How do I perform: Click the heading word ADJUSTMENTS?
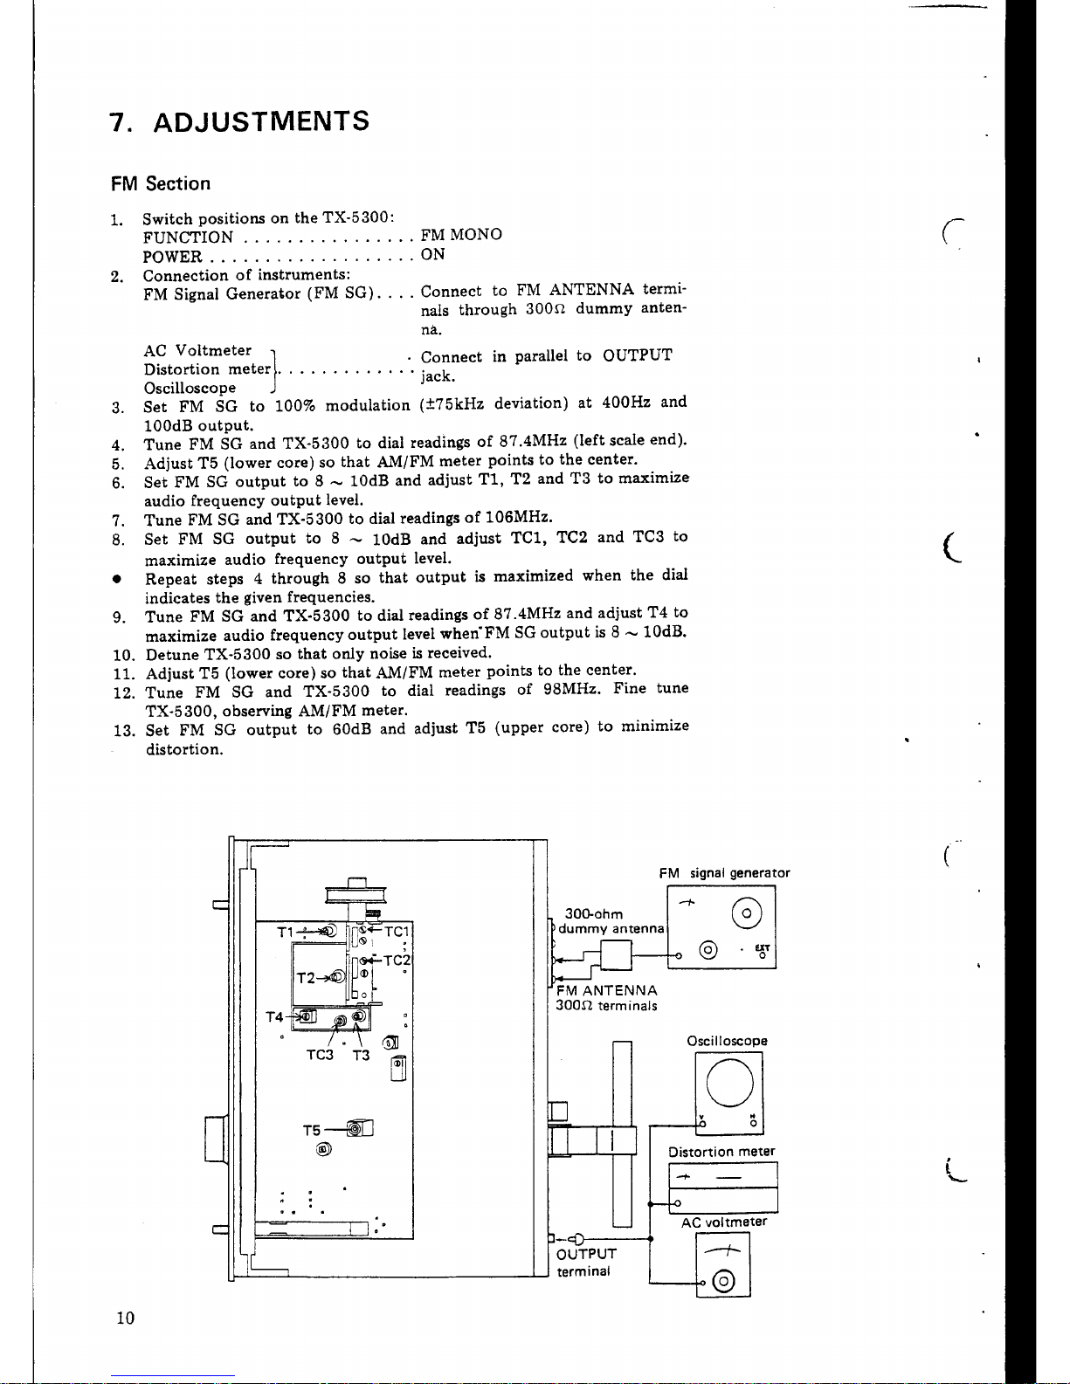click(261, 121)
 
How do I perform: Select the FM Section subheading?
click(161, 184)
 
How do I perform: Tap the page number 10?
click(126, 1318)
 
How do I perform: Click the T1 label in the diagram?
click(286, 933)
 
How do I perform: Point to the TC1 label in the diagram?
click(397, 932)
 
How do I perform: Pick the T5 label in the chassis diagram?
click(312, 1131)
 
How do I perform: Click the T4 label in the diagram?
click(274, 1017)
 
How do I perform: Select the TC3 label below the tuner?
click(320, 1055)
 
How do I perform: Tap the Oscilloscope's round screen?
click(730, 1083)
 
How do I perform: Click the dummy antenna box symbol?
click(616, 955)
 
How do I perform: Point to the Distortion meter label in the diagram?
click(721, 1152)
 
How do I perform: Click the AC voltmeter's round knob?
click(724, 1281)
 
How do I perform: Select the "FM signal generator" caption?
click(724, 873)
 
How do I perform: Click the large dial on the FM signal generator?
click(747, 913)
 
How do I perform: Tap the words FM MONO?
click(461, 234)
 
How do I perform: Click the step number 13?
click(124, 731)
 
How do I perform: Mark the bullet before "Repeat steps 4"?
click(116, 579)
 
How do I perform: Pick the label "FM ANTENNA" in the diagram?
click(607, 990)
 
